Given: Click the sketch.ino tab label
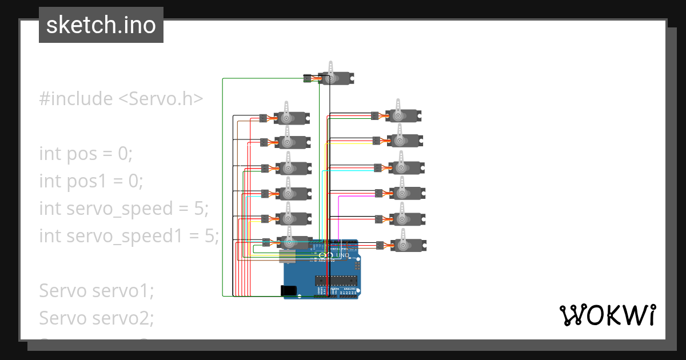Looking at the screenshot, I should [101, 25].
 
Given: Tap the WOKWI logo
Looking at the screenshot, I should [607, 315].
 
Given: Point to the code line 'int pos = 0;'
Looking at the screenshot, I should [86, 154].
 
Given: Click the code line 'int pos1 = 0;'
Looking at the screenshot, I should [91, 181].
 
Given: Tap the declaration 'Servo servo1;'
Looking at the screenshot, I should [96, 291].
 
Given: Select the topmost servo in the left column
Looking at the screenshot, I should [292, 118].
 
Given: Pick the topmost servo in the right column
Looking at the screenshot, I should [402, 115].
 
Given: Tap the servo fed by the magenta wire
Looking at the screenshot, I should [406, 193].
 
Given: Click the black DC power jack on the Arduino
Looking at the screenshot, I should [290, 290].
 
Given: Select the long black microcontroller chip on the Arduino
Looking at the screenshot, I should [336, 280].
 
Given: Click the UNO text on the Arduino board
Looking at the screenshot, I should [342, 255].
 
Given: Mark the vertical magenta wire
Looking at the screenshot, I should [340, 217].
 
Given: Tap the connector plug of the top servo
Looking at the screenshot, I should [308, 77].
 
